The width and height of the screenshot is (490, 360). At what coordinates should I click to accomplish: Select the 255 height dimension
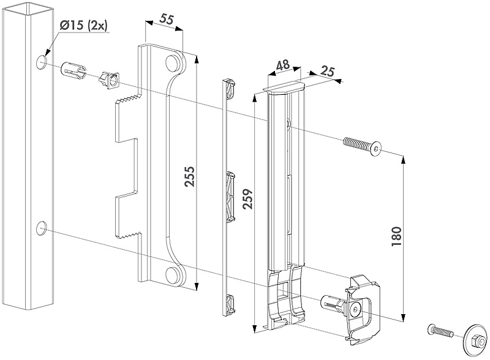point(189,177)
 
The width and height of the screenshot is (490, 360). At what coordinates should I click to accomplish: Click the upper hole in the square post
point(40,62)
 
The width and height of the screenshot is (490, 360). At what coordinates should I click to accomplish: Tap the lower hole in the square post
point(40,229)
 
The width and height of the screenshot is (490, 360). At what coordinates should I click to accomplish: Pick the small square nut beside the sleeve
point(107,79)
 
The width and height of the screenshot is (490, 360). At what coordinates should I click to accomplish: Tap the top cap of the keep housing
point(284,90)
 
